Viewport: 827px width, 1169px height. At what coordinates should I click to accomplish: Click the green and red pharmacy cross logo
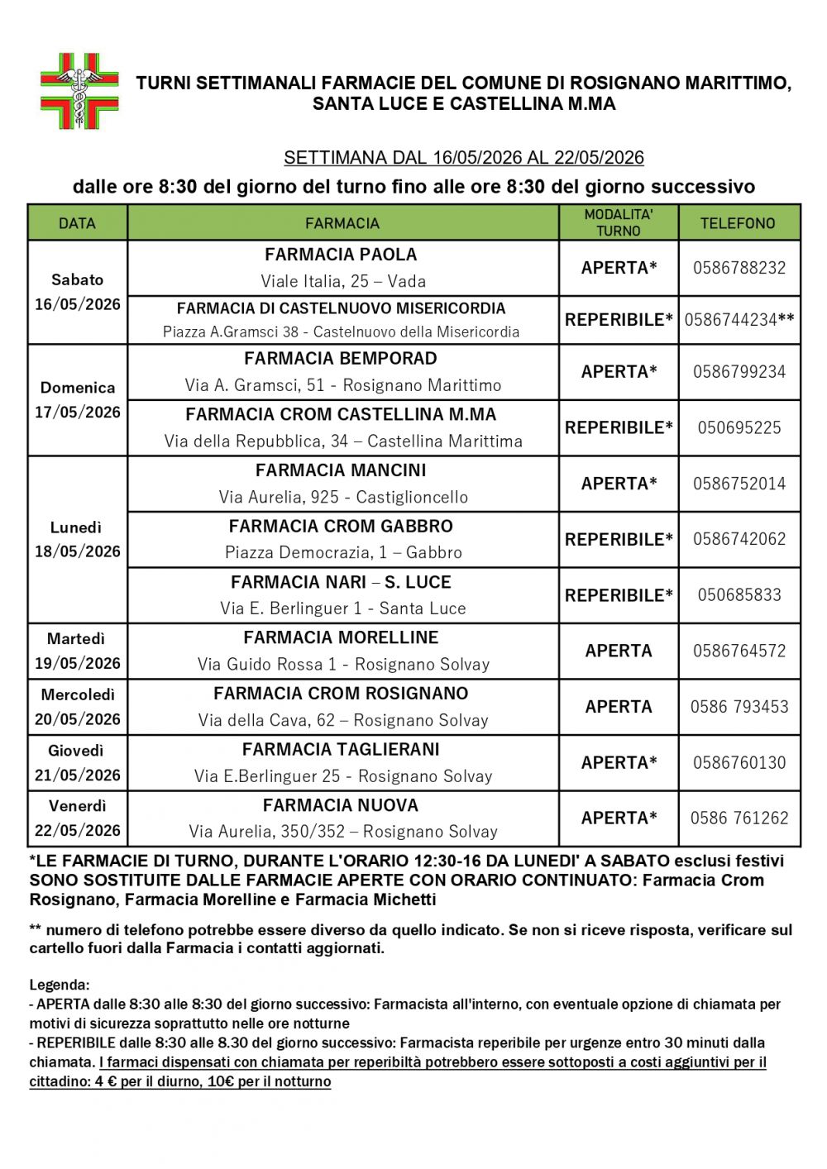(x=79, y=91)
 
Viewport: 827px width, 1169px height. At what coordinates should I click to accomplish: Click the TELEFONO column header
(x=738, y=223)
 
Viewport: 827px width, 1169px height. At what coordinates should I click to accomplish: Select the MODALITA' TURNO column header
(x=619, y=223)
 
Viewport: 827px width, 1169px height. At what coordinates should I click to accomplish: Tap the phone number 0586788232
(x=739, y=268)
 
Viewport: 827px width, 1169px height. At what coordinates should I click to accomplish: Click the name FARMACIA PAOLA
(x=341, y=255)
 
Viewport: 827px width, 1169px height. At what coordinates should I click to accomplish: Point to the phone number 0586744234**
(x=739, y=320)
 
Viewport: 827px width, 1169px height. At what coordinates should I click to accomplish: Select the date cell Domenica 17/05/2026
(x=78, y=399)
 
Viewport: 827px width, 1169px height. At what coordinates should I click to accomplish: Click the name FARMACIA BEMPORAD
(x=341, y=359)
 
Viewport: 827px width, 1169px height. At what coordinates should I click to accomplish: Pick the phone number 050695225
(x=739, y=428)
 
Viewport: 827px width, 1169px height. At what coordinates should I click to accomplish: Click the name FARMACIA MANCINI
(x=341, y=470)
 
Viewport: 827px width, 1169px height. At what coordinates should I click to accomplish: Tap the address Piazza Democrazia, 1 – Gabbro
(x=343, y=552)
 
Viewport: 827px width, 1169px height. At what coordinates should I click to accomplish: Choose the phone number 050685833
(x=739, y=595)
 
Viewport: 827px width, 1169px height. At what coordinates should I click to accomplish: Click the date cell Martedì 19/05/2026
(x=78, y=651)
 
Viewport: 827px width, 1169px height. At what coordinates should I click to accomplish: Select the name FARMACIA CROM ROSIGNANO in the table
(x=341, y=694)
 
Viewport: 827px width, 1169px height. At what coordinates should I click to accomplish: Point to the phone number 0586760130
(x=739, y=763)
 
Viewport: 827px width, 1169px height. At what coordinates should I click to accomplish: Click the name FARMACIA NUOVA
(x=341, y=805)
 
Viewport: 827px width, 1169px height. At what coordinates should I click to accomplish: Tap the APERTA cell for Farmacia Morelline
(x=619, y=651)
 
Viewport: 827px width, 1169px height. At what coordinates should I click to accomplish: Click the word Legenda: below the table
(x=60, y=985)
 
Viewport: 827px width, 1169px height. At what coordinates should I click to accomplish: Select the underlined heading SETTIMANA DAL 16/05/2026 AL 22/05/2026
(x=463, y=158)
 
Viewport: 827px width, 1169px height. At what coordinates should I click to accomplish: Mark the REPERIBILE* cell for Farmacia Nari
(x=619, y=595)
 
